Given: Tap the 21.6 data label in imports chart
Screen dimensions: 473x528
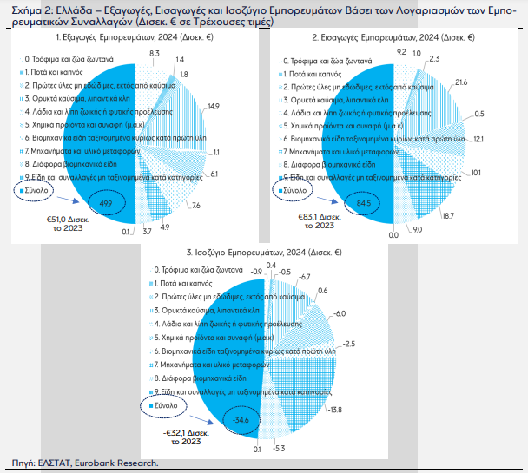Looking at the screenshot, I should [x=461, y=82].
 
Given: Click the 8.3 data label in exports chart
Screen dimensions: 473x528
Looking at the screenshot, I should [x=154, y=54].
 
